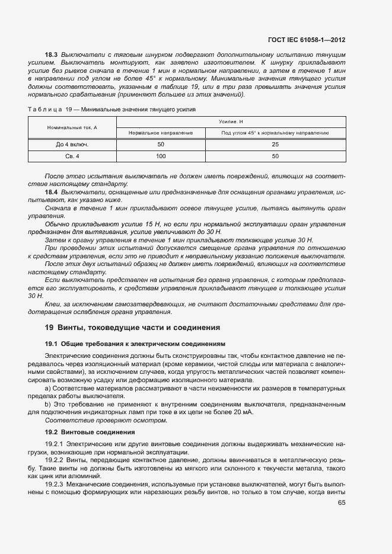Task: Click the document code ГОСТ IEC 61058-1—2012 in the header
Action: click(x=307, y=40)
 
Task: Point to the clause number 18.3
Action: click(x=52, y=55)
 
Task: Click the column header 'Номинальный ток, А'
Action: click(x=72, y=127)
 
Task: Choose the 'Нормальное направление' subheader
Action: click(x=161, y=133)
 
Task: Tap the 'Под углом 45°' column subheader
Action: click(x=275, y=133)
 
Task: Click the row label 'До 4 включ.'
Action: click(x=72, y=145)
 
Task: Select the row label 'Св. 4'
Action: click(x=72, y=156)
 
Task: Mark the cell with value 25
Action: click(x=275, y=145)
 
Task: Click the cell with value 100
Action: click(x=161, y=156)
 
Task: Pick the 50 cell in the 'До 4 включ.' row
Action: click(x=161, y=145)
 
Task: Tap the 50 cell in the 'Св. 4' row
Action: click(x=275, y=156)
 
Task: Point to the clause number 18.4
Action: click(x=52, y=193)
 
